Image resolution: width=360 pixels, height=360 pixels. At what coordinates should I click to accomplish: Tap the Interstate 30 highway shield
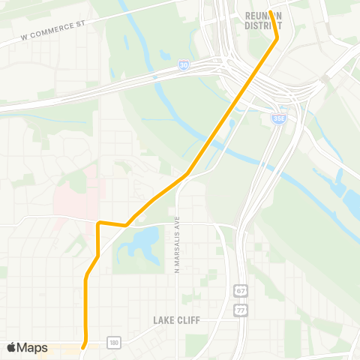[x=184, y=66]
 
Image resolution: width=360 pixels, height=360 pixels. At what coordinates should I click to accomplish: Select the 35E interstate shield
[x=277, y=118]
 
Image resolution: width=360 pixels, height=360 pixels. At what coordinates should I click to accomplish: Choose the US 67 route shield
[x=240, y=290]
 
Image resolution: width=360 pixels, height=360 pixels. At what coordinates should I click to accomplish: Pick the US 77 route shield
[x=240, y=308]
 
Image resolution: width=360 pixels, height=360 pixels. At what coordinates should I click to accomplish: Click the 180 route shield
[x=112, y=342]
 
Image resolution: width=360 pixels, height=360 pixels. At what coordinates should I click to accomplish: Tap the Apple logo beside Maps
[x=12, y=347]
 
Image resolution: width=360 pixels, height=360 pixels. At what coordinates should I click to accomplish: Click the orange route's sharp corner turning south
[x=99, y=223]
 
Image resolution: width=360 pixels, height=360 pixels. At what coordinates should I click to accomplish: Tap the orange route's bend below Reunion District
[x=277, y=37]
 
